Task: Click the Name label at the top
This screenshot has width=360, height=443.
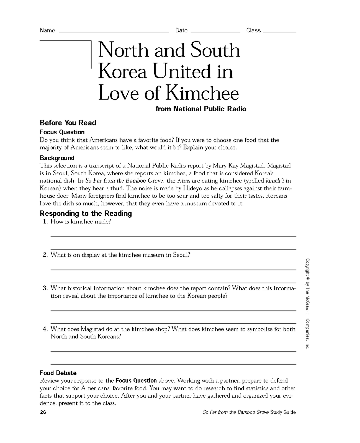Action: (x=47, y=30)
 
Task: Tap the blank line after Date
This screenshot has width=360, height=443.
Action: (x=215, y=32)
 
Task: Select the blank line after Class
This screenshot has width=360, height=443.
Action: (x=279, y=32)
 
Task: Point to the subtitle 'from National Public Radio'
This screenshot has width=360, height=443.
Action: (x=201, y=109)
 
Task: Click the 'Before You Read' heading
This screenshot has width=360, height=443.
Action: (x=68, y=123)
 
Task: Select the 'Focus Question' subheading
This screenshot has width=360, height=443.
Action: (x=62, y=132)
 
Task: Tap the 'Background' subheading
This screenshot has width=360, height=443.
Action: (x=57, y=158)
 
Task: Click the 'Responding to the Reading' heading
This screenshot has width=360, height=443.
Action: (x=86, y=213)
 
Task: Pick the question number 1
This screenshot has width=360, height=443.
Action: (x=46, y=222)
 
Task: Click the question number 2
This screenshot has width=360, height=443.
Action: (x=46, y=255)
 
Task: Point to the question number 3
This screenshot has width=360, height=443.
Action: (x=46, y=288)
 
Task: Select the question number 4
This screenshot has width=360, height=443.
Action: (x=46, y=329)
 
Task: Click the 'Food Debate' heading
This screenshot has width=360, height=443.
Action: (x=58, y=373)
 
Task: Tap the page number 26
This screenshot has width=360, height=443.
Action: (x=43, y=412)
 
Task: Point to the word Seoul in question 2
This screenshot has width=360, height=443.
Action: (x=181, y=255)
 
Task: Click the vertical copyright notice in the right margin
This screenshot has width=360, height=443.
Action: (x=307, y=303)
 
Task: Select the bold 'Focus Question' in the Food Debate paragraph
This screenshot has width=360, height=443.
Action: (x=136, y=381)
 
